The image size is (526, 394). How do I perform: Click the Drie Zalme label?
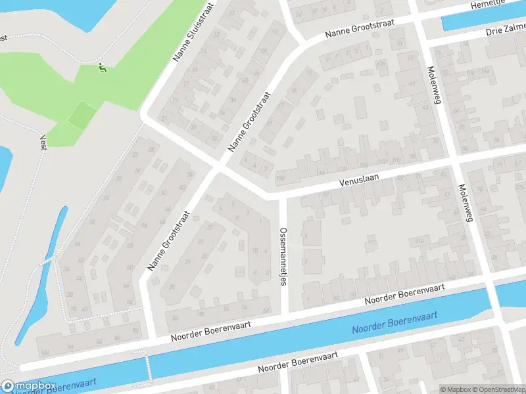coord(506,30)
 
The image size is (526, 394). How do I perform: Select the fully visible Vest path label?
coord(43,142)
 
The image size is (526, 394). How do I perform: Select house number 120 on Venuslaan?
coord(281,179)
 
